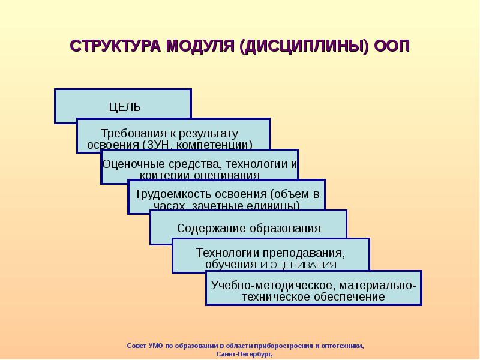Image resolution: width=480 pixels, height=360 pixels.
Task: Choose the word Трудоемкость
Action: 170,194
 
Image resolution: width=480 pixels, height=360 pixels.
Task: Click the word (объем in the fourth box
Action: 290,194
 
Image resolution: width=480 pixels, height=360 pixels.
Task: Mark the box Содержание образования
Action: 248,228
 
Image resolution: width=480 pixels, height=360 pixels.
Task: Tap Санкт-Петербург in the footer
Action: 244,354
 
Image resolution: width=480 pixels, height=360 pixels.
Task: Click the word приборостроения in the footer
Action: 283,346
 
